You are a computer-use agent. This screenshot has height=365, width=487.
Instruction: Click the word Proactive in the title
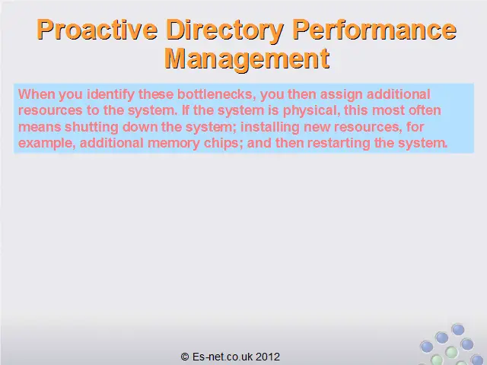point(97,30)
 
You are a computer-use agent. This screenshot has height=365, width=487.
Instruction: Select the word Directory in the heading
point(225,31)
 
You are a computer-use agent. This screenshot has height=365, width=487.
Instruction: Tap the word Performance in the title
point(374,29)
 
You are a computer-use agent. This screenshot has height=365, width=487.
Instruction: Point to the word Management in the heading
point(247,59)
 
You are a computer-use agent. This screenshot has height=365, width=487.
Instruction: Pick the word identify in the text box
point(110,94)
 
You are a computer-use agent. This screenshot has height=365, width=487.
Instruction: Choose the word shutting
point(91,127)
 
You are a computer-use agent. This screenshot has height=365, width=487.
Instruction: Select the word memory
point(173,144)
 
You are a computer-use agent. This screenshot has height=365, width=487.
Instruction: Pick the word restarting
point(339,144)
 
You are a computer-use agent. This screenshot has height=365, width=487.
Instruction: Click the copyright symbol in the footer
point(184,357)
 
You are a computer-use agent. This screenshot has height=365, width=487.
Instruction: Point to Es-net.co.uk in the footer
point(222,357)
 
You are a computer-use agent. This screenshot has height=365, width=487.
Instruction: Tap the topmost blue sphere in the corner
point(458,329)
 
